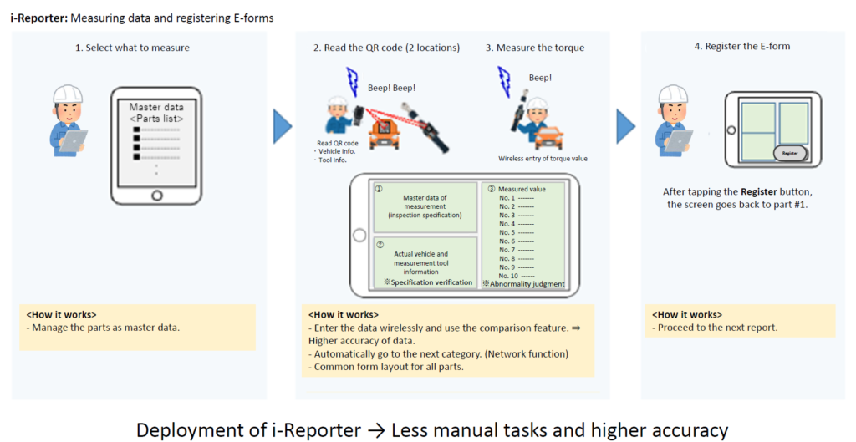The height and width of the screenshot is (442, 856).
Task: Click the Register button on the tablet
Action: pyautogui.click(x=789, y=153)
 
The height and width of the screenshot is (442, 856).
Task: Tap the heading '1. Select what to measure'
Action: pyautogui.click(x=133, y=48)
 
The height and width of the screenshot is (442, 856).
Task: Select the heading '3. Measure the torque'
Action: pyautogui.click(x=536, y=48)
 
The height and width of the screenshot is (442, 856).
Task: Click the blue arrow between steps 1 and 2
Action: pyautogui.click(x=283, y=126)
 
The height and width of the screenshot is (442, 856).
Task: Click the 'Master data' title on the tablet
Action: pyautogui.click(x=156, y=107)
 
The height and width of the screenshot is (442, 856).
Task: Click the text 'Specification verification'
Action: pyautogui.click(x=427, y=282)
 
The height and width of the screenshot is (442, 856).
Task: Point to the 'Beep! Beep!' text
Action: pyautogui.click(x=391, y=87)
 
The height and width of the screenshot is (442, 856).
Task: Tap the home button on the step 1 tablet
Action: pyautogui.click(x=156, y=196)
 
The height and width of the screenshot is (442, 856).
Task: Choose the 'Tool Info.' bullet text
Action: pyautogui.click(x=334, y=160)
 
